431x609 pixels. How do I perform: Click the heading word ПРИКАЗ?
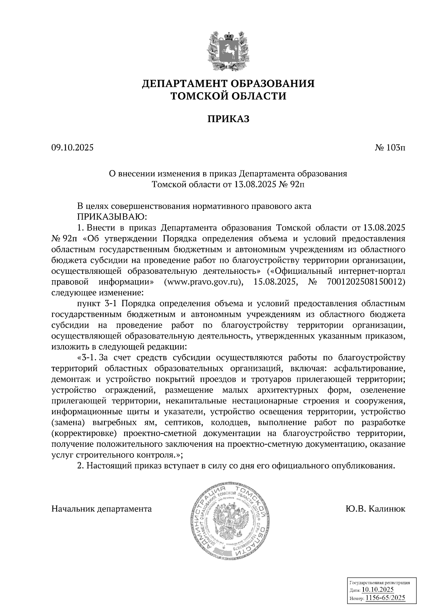click(228, 119)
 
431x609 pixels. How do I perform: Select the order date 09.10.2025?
click(72, 147)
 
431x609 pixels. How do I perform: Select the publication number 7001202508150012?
click(366, 282)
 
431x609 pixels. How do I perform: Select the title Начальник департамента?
click(102, 509)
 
